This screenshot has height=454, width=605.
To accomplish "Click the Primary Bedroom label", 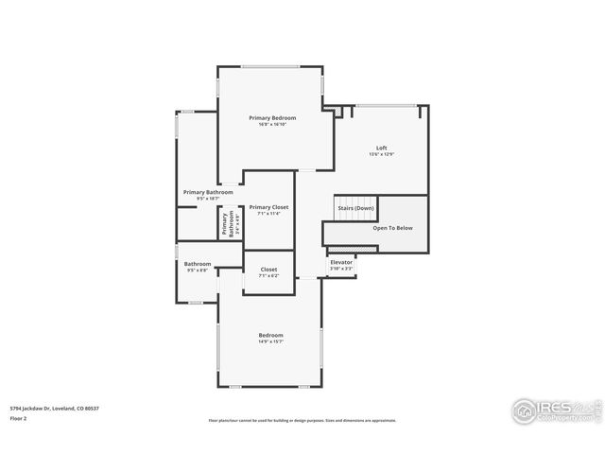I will click(272, 118).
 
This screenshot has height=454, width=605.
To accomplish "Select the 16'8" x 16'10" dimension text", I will click(272, 125).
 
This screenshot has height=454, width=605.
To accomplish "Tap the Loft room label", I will click(381, 148).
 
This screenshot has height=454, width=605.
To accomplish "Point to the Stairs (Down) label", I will click(355, 207).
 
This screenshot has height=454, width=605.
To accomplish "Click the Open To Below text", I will click(392, 228).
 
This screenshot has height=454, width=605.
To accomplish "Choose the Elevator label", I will click(341, 262).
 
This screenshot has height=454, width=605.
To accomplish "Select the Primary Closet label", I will click(268, 206).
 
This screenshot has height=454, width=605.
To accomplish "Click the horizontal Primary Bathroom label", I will click(207, 192).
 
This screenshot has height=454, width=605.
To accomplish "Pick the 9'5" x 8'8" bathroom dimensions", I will click(198, 271).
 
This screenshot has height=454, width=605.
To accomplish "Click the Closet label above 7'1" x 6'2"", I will click(268, 270).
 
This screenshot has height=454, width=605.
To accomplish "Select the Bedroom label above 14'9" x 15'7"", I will click(271, 335).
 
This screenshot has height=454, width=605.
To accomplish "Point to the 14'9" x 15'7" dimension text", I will click(271, 341).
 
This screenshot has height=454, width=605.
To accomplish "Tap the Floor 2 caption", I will click(18, 417).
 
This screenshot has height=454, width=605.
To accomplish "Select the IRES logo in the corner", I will click(554, 410).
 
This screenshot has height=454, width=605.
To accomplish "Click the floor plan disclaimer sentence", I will click(302, 420).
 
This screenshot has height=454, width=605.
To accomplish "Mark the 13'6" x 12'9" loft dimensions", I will click(381, 154).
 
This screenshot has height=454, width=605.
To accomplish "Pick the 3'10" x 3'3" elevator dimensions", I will click(341, 269).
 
